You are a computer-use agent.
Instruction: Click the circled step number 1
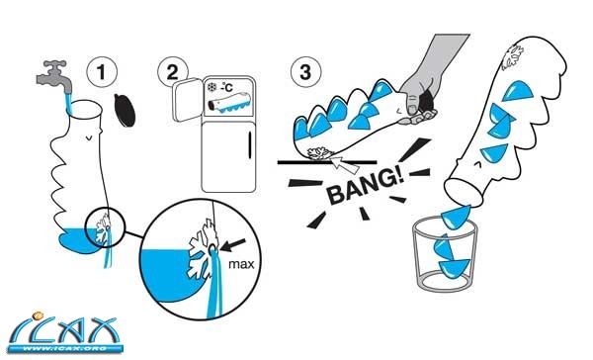pyautogui.click(x=102, y=72)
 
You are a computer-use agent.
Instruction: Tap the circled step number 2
pyautogui.click(x=172, y=72)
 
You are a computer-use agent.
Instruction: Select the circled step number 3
pyautogui.click(x=305, y=72)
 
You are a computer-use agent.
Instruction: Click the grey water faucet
pyautogui.click(x=54, y=76)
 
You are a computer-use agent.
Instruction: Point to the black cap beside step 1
pyautogui.click(x=125, y=110)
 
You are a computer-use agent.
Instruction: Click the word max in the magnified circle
pyautogui.click(x=241, y=264)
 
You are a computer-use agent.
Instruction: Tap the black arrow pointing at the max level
pyautogui.click(x=233, y=245)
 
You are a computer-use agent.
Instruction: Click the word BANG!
pyautogui.click(x=366, y=185)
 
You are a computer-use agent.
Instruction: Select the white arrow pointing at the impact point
pyautogui.click(x=345, y=163)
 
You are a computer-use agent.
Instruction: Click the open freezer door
pyautogui.click(x=187, y=100)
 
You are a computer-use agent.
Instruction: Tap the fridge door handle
pyautogui.click(x=250, y=145)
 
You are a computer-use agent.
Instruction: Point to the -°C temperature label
pyautogui.click(x=226, y=87)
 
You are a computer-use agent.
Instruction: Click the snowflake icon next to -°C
pyautogui.click(x=212, y=87)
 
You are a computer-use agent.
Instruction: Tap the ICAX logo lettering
pyautogui.click(x=65, y=328)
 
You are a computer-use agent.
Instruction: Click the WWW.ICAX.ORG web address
pyautogui.click(x=65, y=349)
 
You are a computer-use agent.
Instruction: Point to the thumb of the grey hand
pyautogui.click(x=411, y=105)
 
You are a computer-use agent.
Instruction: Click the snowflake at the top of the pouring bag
pyautogui.click(x=512, y=57)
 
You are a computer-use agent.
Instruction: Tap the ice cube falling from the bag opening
pyautogui.click(x=457, y=217)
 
